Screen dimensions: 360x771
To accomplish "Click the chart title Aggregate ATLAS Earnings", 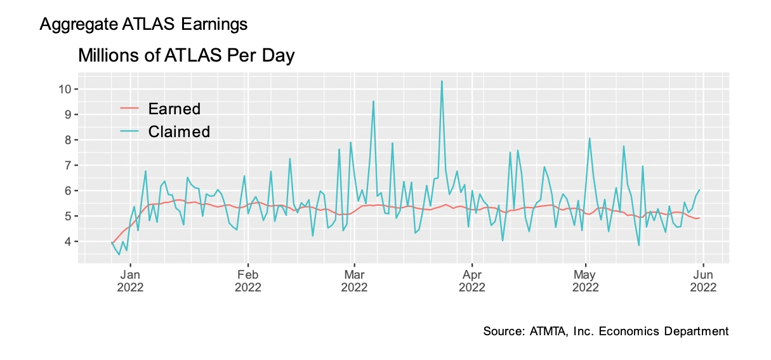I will point(143,25).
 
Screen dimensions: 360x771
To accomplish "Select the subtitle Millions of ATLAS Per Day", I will point(186,56).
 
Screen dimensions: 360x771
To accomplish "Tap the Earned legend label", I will point(174,109).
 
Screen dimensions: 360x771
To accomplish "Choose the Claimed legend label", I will point(179,131).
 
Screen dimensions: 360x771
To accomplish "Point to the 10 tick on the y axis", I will point(63,89).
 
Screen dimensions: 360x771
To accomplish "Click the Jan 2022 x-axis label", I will point(131,281).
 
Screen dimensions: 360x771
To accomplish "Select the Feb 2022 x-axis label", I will point(247,281).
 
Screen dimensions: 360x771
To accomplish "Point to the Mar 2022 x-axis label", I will point(354,281).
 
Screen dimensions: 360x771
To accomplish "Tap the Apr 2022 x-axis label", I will point(472,281).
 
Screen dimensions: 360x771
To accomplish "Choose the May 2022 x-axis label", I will point(586,281).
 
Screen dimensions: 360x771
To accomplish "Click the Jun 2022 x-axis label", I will point(703,281).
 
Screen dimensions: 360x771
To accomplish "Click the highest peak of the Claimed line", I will point(442,81).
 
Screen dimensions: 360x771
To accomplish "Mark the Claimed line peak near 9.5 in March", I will point(373,102).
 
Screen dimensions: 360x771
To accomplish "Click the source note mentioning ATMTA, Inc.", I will point(605,331).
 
